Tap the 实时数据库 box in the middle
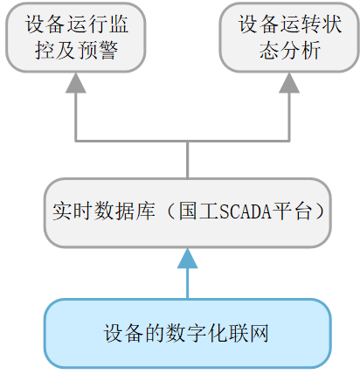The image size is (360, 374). coord(188,211)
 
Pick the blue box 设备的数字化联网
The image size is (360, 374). coord(188,334)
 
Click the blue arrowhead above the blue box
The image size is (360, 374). coord(188,258)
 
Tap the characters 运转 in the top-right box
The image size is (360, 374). coord(289,25)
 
